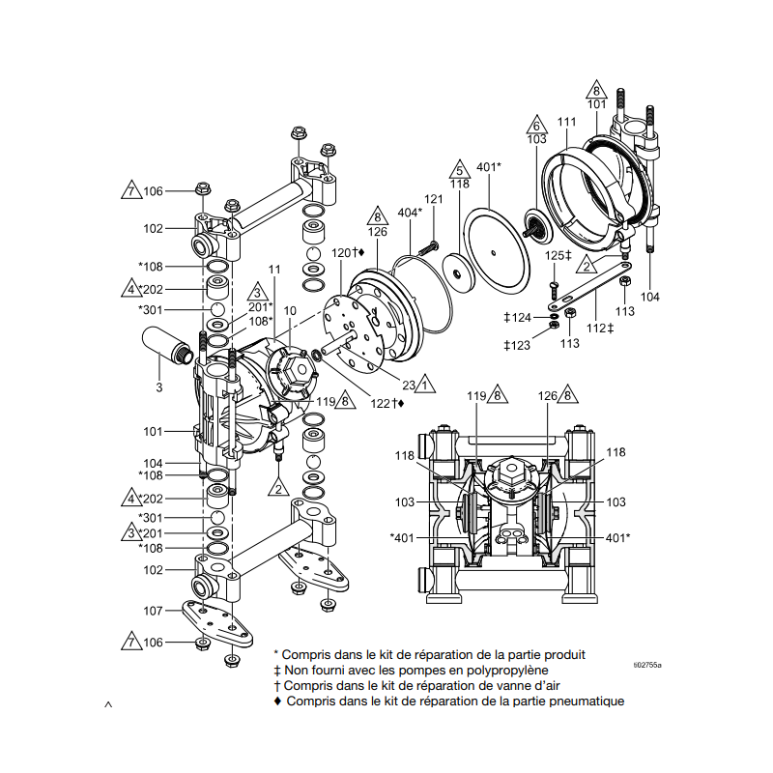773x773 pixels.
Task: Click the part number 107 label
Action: (x=152, y=611)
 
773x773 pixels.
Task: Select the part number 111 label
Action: (x=566, y=122)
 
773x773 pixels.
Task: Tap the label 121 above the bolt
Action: (x=434, y=199)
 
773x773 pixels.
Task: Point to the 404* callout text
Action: (x=410, y=212)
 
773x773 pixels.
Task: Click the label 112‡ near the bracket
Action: (x=601, y=329)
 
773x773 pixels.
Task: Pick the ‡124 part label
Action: (x=517, y=317)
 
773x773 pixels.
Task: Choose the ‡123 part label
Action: (x=517, y=345)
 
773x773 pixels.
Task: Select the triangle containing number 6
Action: (x=537, y=126)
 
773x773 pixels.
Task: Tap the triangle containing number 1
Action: (x=426, y=384)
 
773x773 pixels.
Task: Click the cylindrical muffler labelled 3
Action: (x=166, y=342)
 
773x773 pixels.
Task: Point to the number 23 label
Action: (x=408, y=385)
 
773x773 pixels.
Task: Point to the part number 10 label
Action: (x=290, y=311)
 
